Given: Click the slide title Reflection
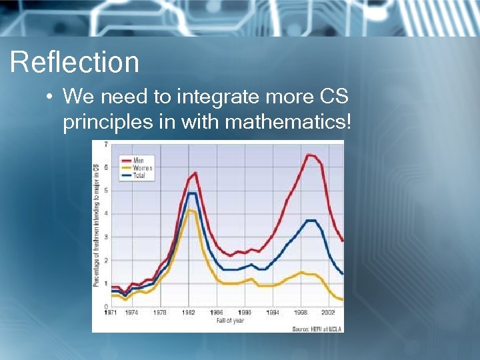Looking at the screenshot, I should tap(75, 63).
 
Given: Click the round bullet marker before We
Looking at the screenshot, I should tap(50, 98).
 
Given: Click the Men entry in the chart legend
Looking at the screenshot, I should tap(139, 161).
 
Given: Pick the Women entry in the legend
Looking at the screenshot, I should tap(142, 168).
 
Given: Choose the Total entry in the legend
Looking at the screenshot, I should tap(139, 175).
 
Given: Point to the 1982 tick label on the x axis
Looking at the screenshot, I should tap(189, 312).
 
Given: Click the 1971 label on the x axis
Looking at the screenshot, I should tap(111, 312).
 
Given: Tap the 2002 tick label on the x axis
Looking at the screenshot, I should tap(328, 312).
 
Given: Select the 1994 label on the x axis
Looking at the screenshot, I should tap(273, 312).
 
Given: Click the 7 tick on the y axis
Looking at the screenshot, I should tap(106, 145).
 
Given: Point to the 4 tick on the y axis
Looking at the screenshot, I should tap(106, 213).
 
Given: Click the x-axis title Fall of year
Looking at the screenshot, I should tap(231, 321).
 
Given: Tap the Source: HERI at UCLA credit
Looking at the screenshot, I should tap(317, 329).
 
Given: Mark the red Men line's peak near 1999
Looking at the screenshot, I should tap(309, 155).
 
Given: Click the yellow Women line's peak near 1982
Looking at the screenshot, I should tap(190, 210).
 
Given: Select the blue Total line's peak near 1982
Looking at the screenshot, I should tap(191, 193).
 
